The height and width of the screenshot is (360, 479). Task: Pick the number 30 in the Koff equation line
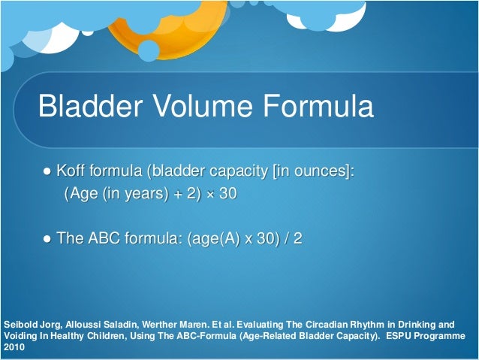coord(228,194)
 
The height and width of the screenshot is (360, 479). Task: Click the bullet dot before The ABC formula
coord(47,239)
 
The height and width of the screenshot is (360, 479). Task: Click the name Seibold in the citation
coord(20,325)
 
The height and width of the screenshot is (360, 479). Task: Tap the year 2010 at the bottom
coord(14,349)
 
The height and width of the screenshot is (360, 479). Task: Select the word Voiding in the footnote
coord(20,337)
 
